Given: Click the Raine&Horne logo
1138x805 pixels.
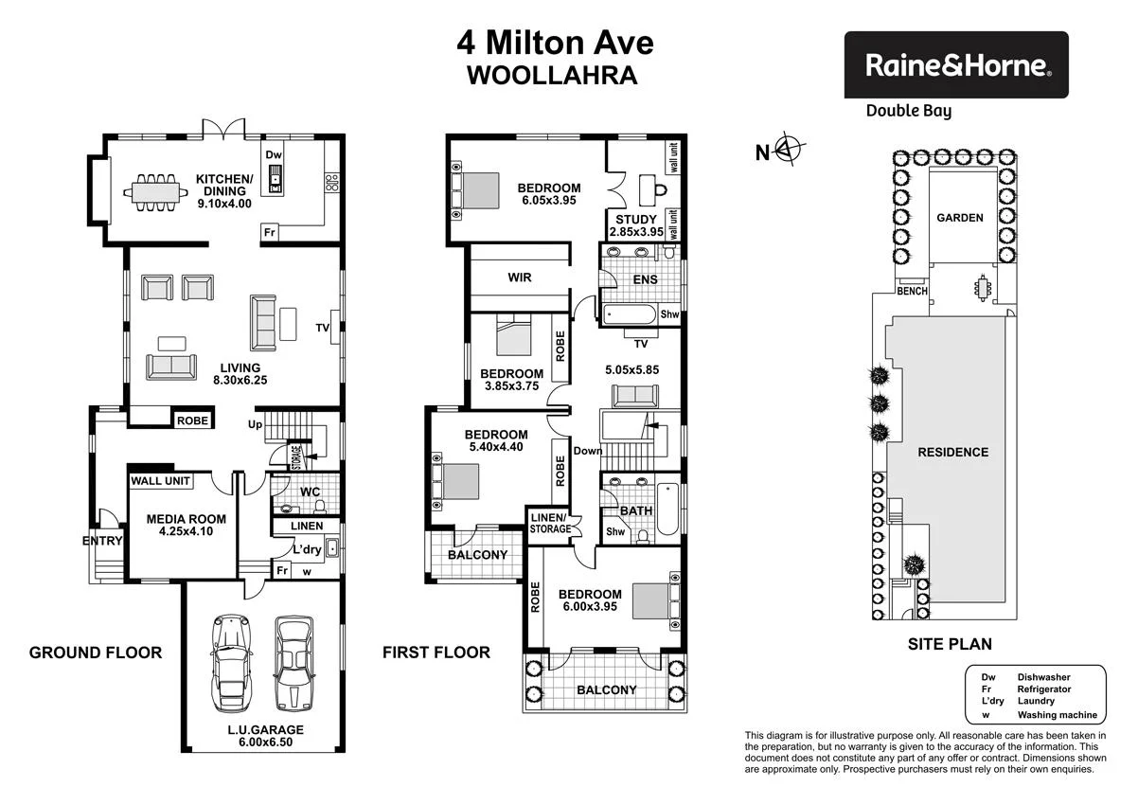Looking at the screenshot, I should click(x=956, y=65).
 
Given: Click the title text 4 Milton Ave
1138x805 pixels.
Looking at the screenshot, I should click(x=555, y=44).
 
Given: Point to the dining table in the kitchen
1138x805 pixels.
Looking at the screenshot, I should click(x=155, y=193).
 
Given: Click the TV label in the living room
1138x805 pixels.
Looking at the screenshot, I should click(x=323, y=329).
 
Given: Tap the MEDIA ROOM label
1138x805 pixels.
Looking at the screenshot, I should click(x=186, y=518).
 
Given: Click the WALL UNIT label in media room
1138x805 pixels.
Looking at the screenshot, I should click(x=161, y=481).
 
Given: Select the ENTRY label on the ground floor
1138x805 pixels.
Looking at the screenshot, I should click(x=102, y=541).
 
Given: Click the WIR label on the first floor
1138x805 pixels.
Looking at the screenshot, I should click(x=519, y=277).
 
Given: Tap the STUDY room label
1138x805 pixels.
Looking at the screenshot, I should click(x=635, y=220).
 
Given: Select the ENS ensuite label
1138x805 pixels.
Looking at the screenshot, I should click(x=646, y=279).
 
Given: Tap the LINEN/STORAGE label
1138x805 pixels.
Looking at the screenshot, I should click(x=550, y=522).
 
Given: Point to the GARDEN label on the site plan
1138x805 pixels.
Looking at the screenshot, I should click(x=959, y=218).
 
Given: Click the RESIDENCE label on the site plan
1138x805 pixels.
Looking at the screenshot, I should click(x=952, y=452).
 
